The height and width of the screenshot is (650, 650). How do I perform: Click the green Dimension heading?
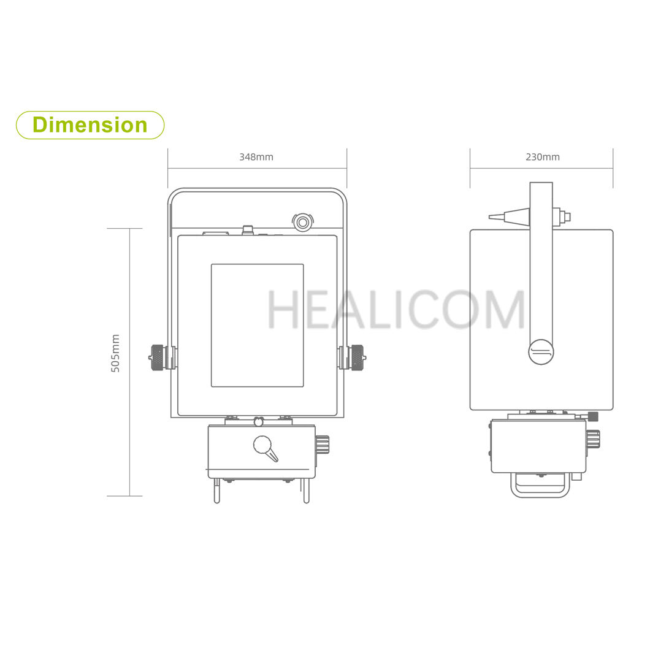[x=90, y=125]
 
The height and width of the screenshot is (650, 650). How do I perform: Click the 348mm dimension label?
[x=256, y=157]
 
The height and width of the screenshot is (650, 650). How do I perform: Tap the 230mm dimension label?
[x=543, y=157]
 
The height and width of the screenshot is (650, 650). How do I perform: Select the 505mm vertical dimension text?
[x=115, y=353]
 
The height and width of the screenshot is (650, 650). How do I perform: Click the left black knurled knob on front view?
[x=157, y=357]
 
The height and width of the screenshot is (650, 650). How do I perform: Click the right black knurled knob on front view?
[x=357, y=357]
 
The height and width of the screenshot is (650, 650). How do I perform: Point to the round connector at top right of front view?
[x=302, y=221]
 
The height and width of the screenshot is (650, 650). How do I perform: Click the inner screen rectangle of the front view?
[x=257, y=325]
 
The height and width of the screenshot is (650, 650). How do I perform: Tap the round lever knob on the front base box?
[x=262, y=445]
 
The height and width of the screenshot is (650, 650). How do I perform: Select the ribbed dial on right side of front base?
[x=323, y=444]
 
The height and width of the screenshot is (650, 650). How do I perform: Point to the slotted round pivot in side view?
[x=541, y=351]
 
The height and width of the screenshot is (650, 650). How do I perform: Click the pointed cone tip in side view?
[x=500, y=216]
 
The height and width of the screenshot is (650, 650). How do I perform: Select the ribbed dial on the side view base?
[x=592, y=439]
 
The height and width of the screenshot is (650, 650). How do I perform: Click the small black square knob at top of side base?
[x=593, y=417]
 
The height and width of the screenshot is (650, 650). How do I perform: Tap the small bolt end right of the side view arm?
[x=567, y=216]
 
